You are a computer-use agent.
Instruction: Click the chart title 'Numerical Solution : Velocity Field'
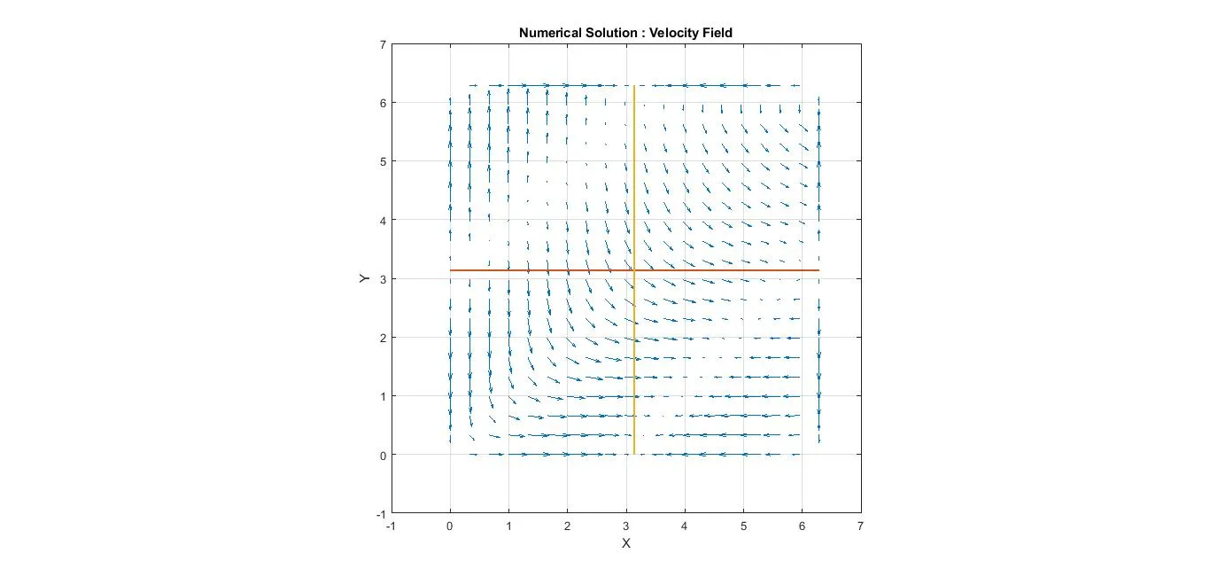(625, 33)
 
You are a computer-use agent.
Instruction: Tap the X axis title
(625, 542)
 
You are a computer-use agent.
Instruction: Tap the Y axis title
(364, 278)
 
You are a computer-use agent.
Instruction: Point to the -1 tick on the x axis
(392, 526)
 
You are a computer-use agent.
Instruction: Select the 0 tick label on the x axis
(450, 526)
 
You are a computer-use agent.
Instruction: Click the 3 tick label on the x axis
(626, 526)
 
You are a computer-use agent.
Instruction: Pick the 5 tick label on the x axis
(743, 526)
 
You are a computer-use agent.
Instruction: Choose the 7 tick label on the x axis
(860, 526)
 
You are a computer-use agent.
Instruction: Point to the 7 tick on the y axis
(382, 44)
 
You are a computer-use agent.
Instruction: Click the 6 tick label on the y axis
(382, 103)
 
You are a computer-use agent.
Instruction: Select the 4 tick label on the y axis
(382, 220)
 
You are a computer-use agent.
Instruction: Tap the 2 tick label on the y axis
(382, 338)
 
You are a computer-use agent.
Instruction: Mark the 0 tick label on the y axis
(382, 455)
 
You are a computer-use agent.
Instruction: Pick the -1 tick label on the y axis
(380, 513)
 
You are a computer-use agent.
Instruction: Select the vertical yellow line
(634, 372)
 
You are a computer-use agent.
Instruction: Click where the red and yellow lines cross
(634, 269)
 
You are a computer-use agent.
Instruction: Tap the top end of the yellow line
(634, 86)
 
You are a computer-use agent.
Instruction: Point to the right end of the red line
(818, 269)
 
